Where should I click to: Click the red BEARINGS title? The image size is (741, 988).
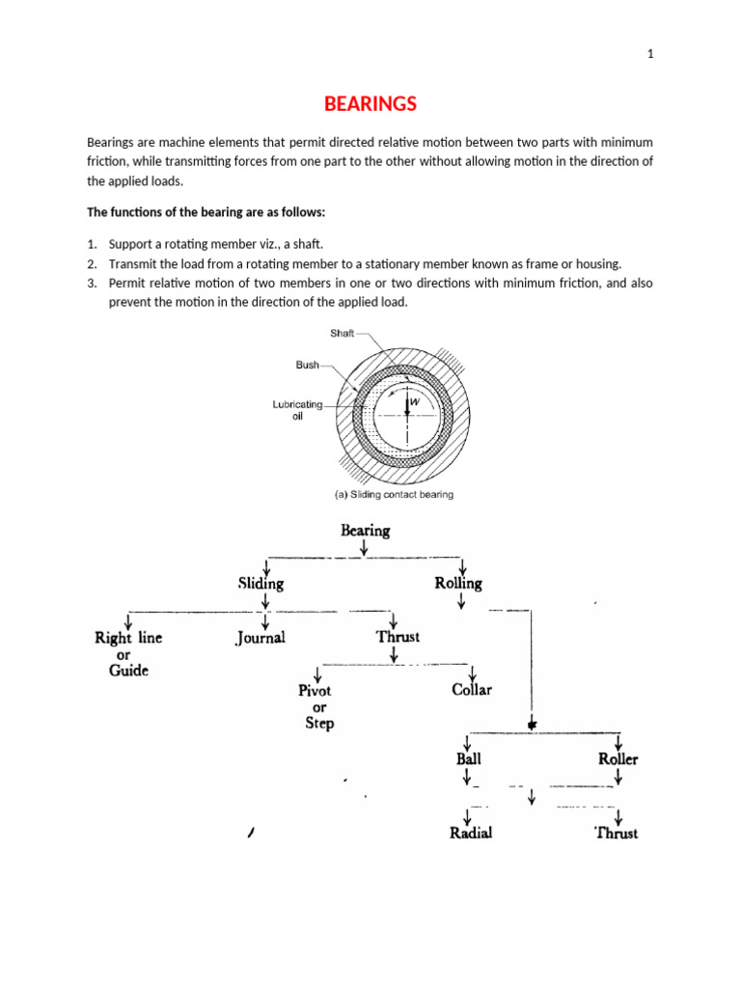tap(370, 103)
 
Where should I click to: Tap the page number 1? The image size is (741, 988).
tap(650, 54)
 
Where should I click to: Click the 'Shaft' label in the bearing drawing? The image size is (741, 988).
tap(341, 333)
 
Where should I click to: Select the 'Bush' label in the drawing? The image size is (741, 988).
tap(308, 366)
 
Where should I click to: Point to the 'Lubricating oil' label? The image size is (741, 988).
tap(297, 410)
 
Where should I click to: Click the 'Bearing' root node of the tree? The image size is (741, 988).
tap(365, 530)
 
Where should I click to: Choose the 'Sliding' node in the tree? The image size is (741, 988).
tap(261, 583)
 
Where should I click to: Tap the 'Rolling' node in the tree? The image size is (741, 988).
tap(458, 583)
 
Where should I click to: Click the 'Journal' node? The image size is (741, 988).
tap(261, 638)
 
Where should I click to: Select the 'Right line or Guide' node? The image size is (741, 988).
tap(128, 653)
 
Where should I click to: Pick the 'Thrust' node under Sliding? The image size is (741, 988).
tap(398, 637)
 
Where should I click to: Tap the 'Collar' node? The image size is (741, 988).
tap(472, 690)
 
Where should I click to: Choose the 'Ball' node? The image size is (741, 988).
tap(468, 758)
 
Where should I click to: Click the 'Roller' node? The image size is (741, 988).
tap(617, 758)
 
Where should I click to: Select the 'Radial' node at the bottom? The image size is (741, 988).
tap(471, 832)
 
